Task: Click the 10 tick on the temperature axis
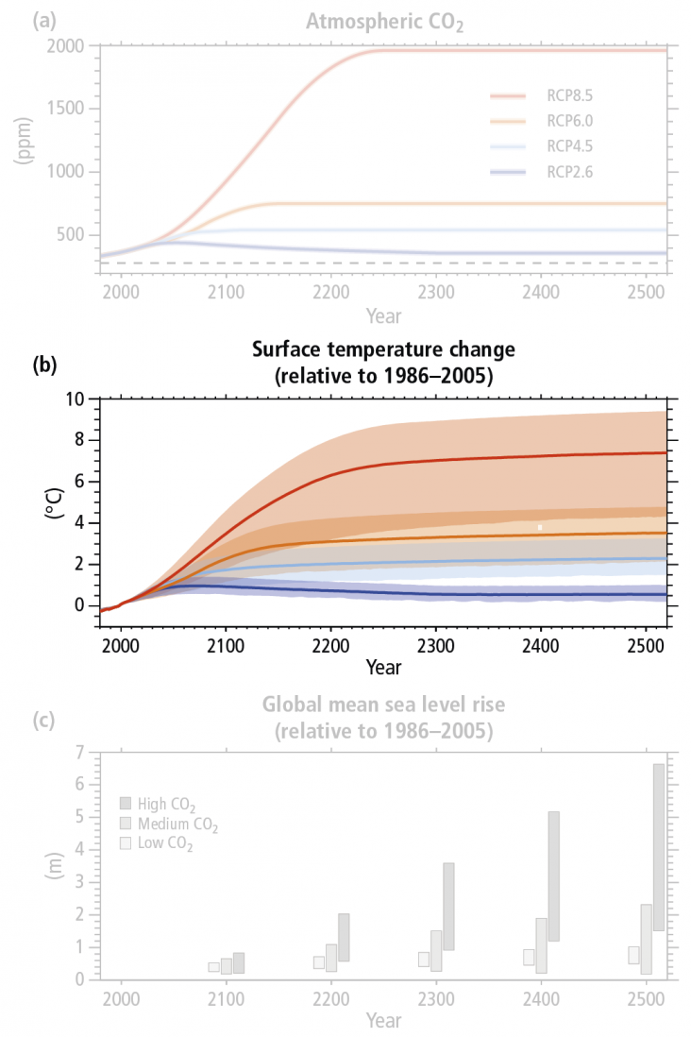click(x=75, y=399)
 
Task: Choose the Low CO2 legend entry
click(x=158, y=844)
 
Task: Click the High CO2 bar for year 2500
click(x=658, y=846)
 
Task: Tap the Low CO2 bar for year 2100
click(x=214, y=967)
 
